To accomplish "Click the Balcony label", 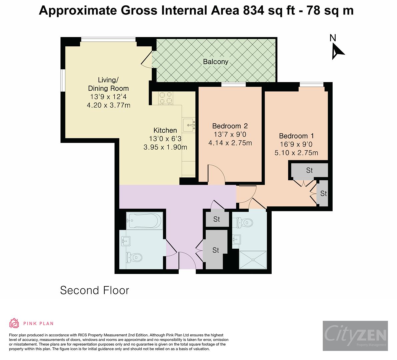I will click(x=216, y=62).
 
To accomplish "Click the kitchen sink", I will click(x=189, y=125).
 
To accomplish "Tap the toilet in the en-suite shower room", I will click(x=245, y=222).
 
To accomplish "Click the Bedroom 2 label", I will click(x=230, y=126).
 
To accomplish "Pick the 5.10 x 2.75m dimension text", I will click(x=296, y=153).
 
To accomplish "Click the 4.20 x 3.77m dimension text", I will click(x=108, y=105).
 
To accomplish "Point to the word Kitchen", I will click(x=165, y=130).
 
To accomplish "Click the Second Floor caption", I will click(x=94, y=290).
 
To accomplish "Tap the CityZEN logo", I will click(x=355, y=336).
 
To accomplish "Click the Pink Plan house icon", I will click(x=14, y=323).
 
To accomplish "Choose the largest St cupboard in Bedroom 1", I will click(x=309, y=170).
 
